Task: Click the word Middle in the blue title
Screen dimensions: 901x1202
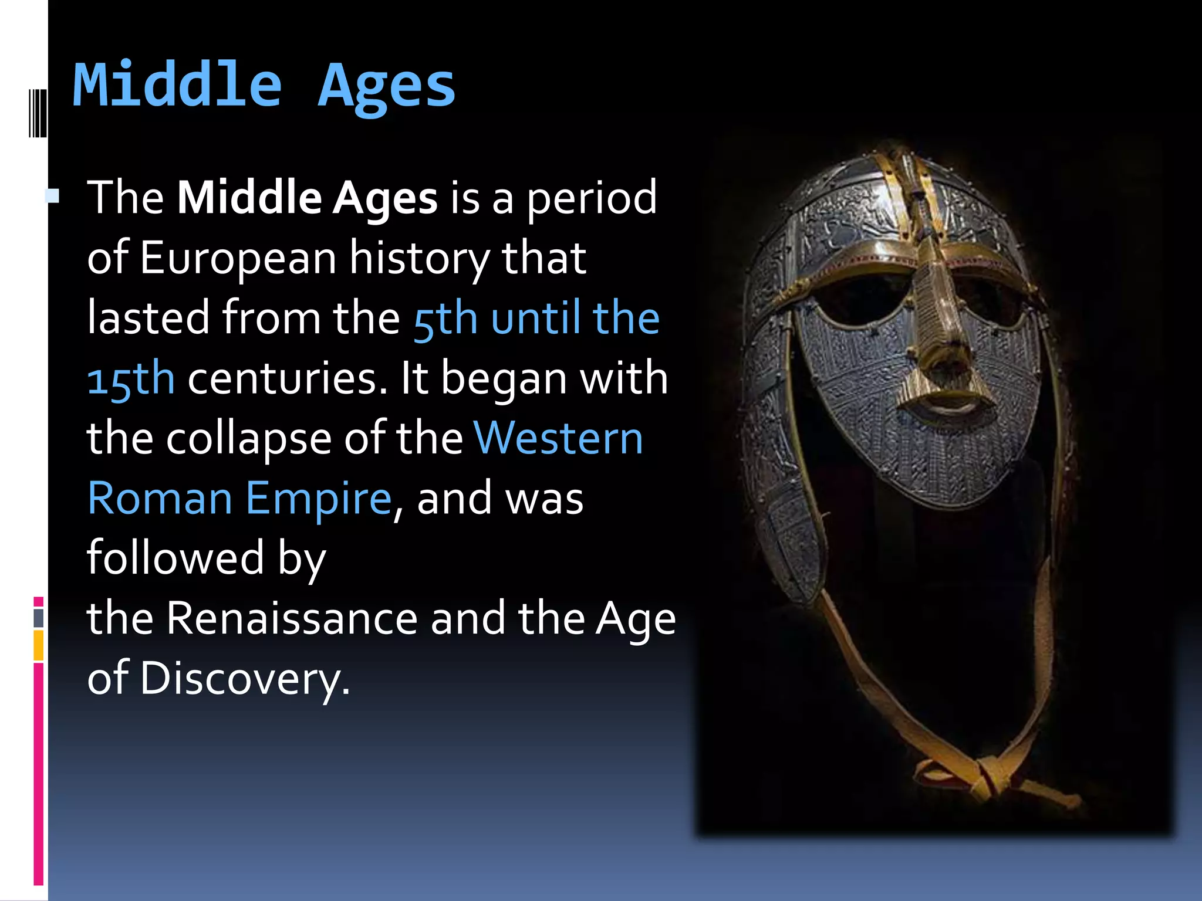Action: click(177, 86)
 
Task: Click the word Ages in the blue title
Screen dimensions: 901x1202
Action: click(386, 88)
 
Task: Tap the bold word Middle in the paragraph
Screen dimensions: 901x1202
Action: click(249, 198)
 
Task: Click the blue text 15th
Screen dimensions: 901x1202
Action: click(131, 379)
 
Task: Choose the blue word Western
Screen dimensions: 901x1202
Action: click(558, 438)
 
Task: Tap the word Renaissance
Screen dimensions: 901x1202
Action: click(292, 618)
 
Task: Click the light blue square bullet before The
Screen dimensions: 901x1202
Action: click(53, 196)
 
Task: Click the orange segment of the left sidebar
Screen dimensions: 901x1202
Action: click(38, 645)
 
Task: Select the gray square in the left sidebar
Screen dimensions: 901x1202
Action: click(39, 618)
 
